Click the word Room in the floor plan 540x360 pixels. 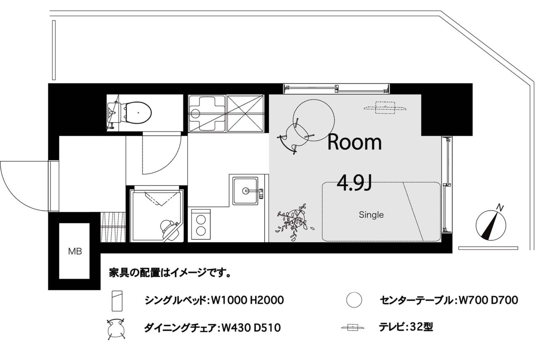point(354,142)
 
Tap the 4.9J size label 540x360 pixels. point(354,182)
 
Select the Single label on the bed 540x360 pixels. point(371,215)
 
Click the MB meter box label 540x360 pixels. point(75,252)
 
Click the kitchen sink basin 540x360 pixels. point(245,191)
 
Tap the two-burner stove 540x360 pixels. point(201,224)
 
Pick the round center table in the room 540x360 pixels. point(313,120)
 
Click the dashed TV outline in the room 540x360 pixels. point(385,108)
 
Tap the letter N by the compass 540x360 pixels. point(500,207)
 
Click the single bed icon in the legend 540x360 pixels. point(117,301)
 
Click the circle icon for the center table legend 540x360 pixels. point(354,300)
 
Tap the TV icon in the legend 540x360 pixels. point(352,327)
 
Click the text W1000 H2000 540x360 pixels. point(248,300)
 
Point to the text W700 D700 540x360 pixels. point(488,300)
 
